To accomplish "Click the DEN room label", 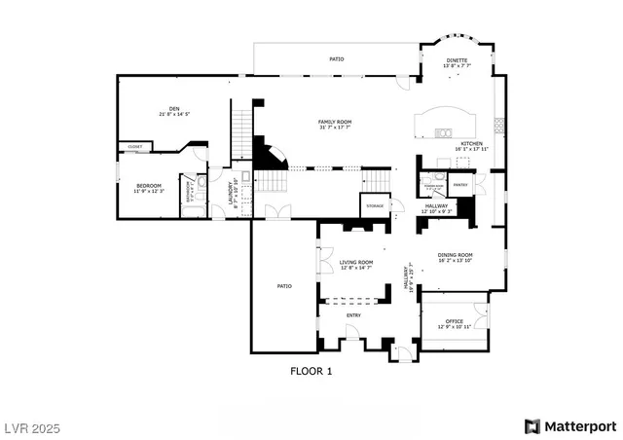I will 174,108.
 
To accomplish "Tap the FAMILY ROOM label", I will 335,122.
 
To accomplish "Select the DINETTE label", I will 457,61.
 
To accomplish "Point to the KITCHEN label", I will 472,143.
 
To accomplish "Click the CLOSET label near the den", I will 134,147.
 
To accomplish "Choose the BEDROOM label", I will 148,185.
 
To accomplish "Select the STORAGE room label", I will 375,206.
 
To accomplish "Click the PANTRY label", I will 460,184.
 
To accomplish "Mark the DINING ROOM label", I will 455,255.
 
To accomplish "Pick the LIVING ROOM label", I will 356,263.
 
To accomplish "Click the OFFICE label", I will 454,321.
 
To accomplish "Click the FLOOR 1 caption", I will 311,371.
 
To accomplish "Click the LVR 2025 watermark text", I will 36,426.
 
